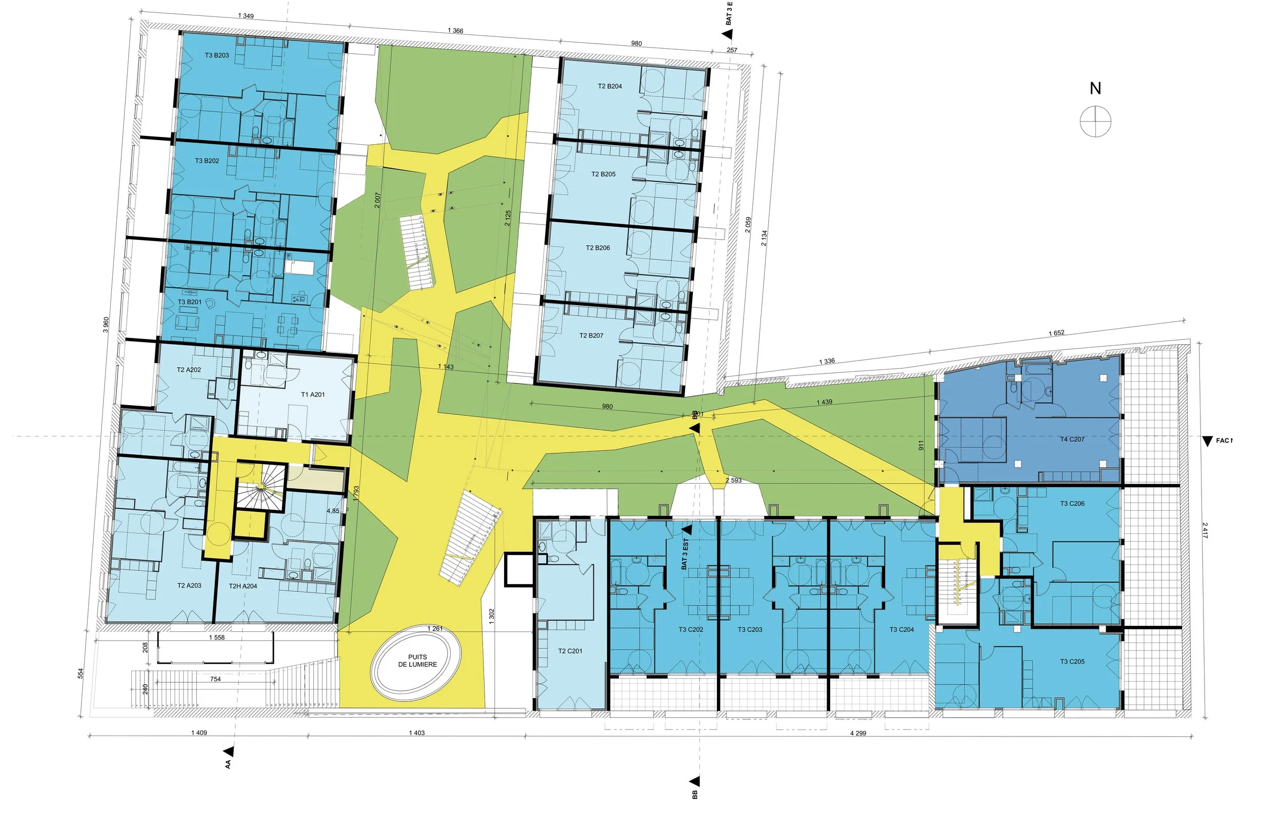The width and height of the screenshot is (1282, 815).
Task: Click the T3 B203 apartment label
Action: pos(217,55)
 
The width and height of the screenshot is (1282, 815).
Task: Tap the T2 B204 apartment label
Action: pos(610,86)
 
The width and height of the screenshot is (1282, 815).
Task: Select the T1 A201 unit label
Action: pos(312,394)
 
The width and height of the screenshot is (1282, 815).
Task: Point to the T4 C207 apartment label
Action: pos(1072,439)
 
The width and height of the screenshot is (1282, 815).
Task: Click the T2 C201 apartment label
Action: pos(570,651)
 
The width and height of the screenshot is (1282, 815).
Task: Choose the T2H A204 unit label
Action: pos(243,586)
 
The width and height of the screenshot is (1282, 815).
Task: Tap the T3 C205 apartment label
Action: pos(1072,662)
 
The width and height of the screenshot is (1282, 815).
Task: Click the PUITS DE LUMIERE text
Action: pos(417,661)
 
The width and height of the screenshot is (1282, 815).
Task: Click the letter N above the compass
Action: pos(1095,88)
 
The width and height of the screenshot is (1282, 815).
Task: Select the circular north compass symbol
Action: pos(1095,122)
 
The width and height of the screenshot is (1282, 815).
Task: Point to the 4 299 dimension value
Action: pos(858,733)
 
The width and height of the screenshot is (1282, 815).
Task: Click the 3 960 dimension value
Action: pos(106,325)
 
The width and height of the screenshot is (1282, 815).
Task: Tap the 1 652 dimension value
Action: pos(1056,333)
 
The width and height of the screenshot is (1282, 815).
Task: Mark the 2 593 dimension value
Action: pos(733,480)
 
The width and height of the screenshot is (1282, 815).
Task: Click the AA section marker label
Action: pos(228,764)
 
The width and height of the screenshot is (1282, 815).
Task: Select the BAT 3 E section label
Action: pos(729,13)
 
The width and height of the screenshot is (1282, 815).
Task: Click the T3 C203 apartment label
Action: pos(750,630)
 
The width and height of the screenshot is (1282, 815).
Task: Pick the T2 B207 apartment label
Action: pos(591,336)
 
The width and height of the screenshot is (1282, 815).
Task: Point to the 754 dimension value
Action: pos(215,679)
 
